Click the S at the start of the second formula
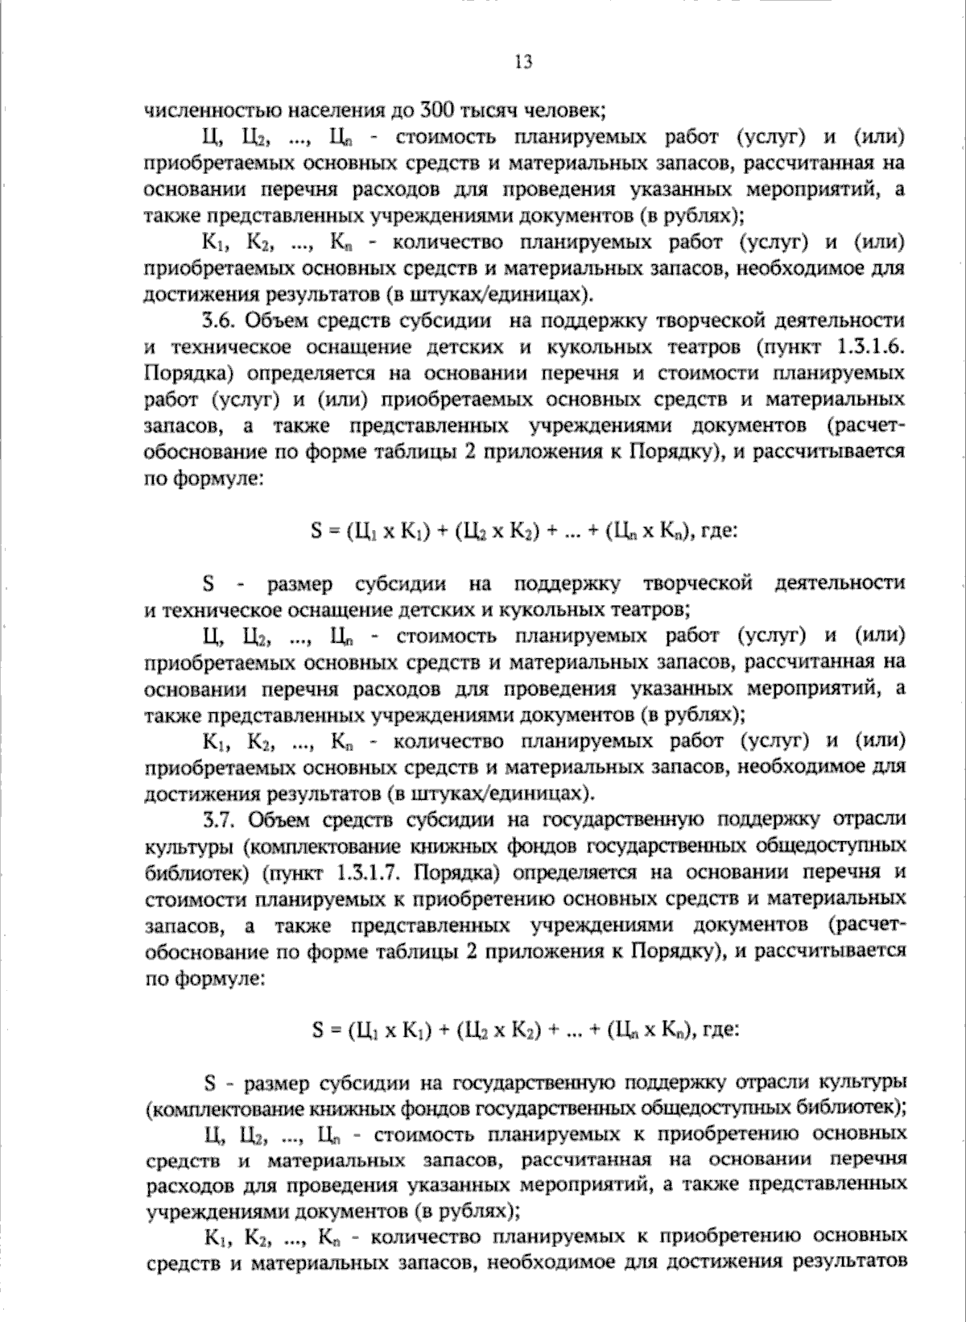(316, 1030)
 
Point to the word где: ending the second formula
(719, 1030)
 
